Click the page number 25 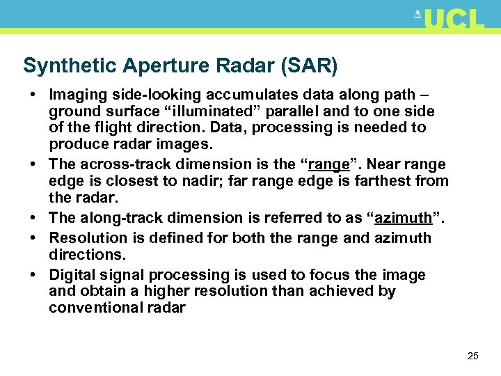point(472,356)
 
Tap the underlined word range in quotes point(329,164)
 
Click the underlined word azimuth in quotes point(404,218)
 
